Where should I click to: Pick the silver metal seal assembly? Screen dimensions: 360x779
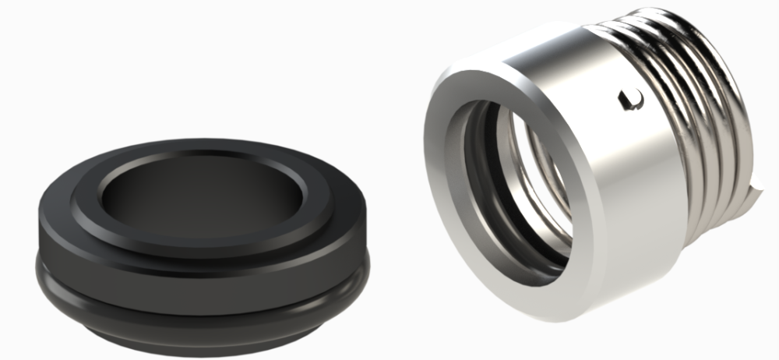592,156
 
